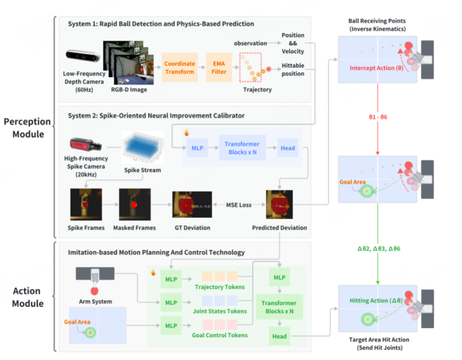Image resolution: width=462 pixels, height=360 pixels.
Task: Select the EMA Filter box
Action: pos(218,67)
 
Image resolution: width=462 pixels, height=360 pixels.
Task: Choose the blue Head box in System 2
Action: pos(288,147)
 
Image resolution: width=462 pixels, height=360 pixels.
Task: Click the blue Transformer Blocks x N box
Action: pos(241,147)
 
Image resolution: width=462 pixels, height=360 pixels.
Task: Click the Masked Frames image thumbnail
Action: pos(135,205)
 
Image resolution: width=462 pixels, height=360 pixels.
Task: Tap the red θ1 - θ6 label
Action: pos(377,115)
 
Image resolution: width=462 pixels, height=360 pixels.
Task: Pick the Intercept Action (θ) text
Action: pos(377,68)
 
